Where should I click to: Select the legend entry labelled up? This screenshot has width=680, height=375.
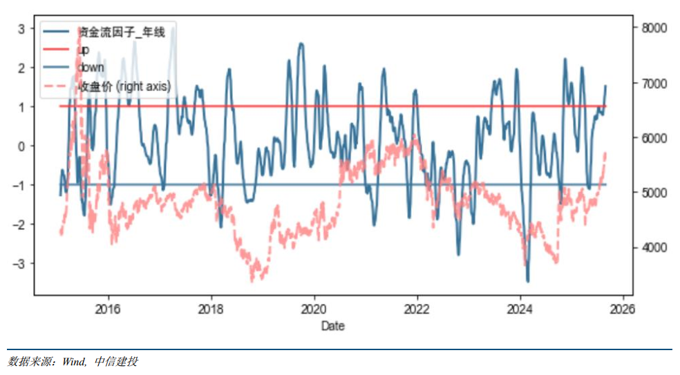pyautogui.click(x=84, y=49)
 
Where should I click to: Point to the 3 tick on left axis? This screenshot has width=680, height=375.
pyautogui.click(x=21, y=28)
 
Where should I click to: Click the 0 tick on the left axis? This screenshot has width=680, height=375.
pyautogui.click(x=21, y=146)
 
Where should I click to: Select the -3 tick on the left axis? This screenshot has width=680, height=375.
pyautogui.click(x=19, y=264)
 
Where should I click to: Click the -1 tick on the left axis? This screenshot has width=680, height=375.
pyautogui.click(x=19, y=185)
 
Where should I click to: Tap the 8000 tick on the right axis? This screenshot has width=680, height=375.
pyautogui.click(x=654, y=28)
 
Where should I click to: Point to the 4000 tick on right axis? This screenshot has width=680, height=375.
pyautogui.click(x=654, y=247)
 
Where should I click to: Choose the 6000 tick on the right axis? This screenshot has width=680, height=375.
pyautogui.click(x=654, y=138)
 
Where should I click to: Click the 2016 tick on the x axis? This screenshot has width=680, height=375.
pyautogui.click(x=108, y=309)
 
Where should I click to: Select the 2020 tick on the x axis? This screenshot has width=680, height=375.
pyautogui.click(x=314, y=309)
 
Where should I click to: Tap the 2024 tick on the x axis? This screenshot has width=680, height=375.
pyautogui.click(x=520, y=309)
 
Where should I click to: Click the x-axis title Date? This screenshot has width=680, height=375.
pyautogui.click(x=332, y=326)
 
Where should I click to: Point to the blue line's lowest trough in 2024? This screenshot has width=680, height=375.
pyautogui.click(x=528, y=280)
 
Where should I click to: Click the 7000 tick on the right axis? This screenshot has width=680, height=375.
pyautogui.click(x=654, y=84)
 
